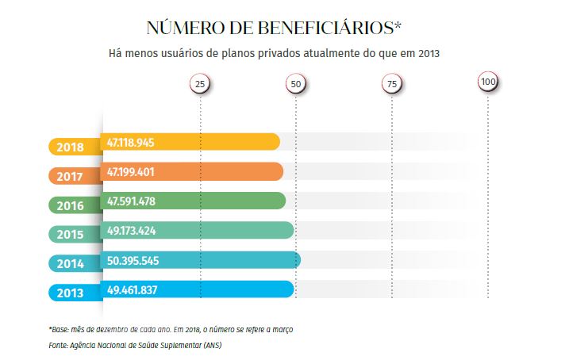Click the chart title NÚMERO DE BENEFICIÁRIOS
[x=274, y=28]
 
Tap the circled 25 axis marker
[x=200, y=83]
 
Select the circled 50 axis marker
[x=295, y=83]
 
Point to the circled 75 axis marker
[x=390, y=83]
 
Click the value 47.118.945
[x=131, y=142]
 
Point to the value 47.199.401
[x=131, y=171]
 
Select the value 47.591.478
[x=131, y=201]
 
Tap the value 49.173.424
[x=131, y=231]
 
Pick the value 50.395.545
[x=132, y=260]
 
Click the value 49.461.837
[x=132, y=290]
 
